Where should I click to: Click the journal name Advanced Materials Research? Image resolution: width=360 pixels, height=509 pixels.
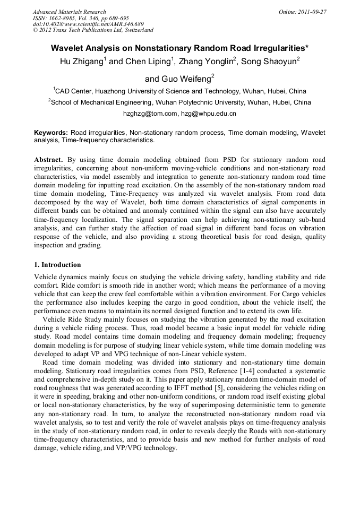[x=69, y=12]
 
